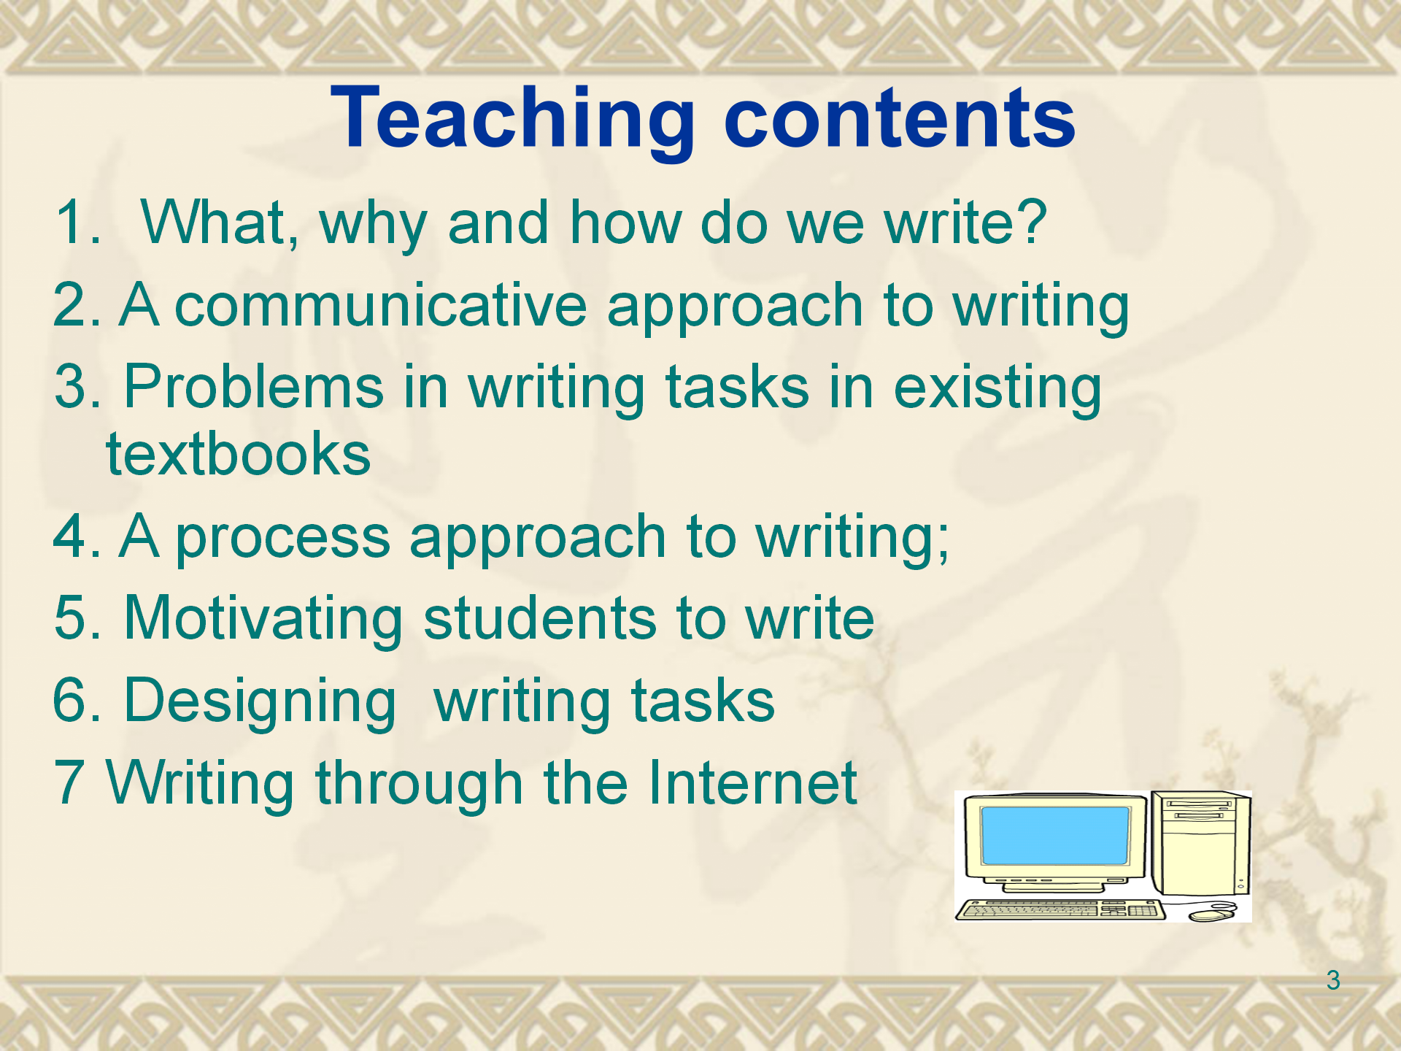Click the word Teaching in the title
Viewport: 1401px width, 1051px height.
[513, 120]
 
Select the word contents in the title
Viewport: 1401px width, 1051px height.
[900, 120]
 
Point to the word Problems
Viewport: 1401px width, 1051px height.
[254, 387]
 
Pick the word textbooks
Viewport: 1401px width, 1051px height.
[239, 454]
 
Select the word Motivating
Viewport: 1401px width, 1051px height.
[263, 620]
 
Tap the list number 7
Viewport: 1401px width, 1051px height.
[69, 782]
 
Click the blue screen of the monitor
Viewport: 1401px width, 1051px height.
[1055, 836]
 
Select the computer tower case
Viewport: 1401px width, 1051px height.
[1201, 844]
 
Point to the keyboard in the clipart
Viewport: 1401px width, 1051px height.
[1060, 909]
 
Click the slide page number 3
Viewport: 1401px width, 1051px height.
[1333, 980]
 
